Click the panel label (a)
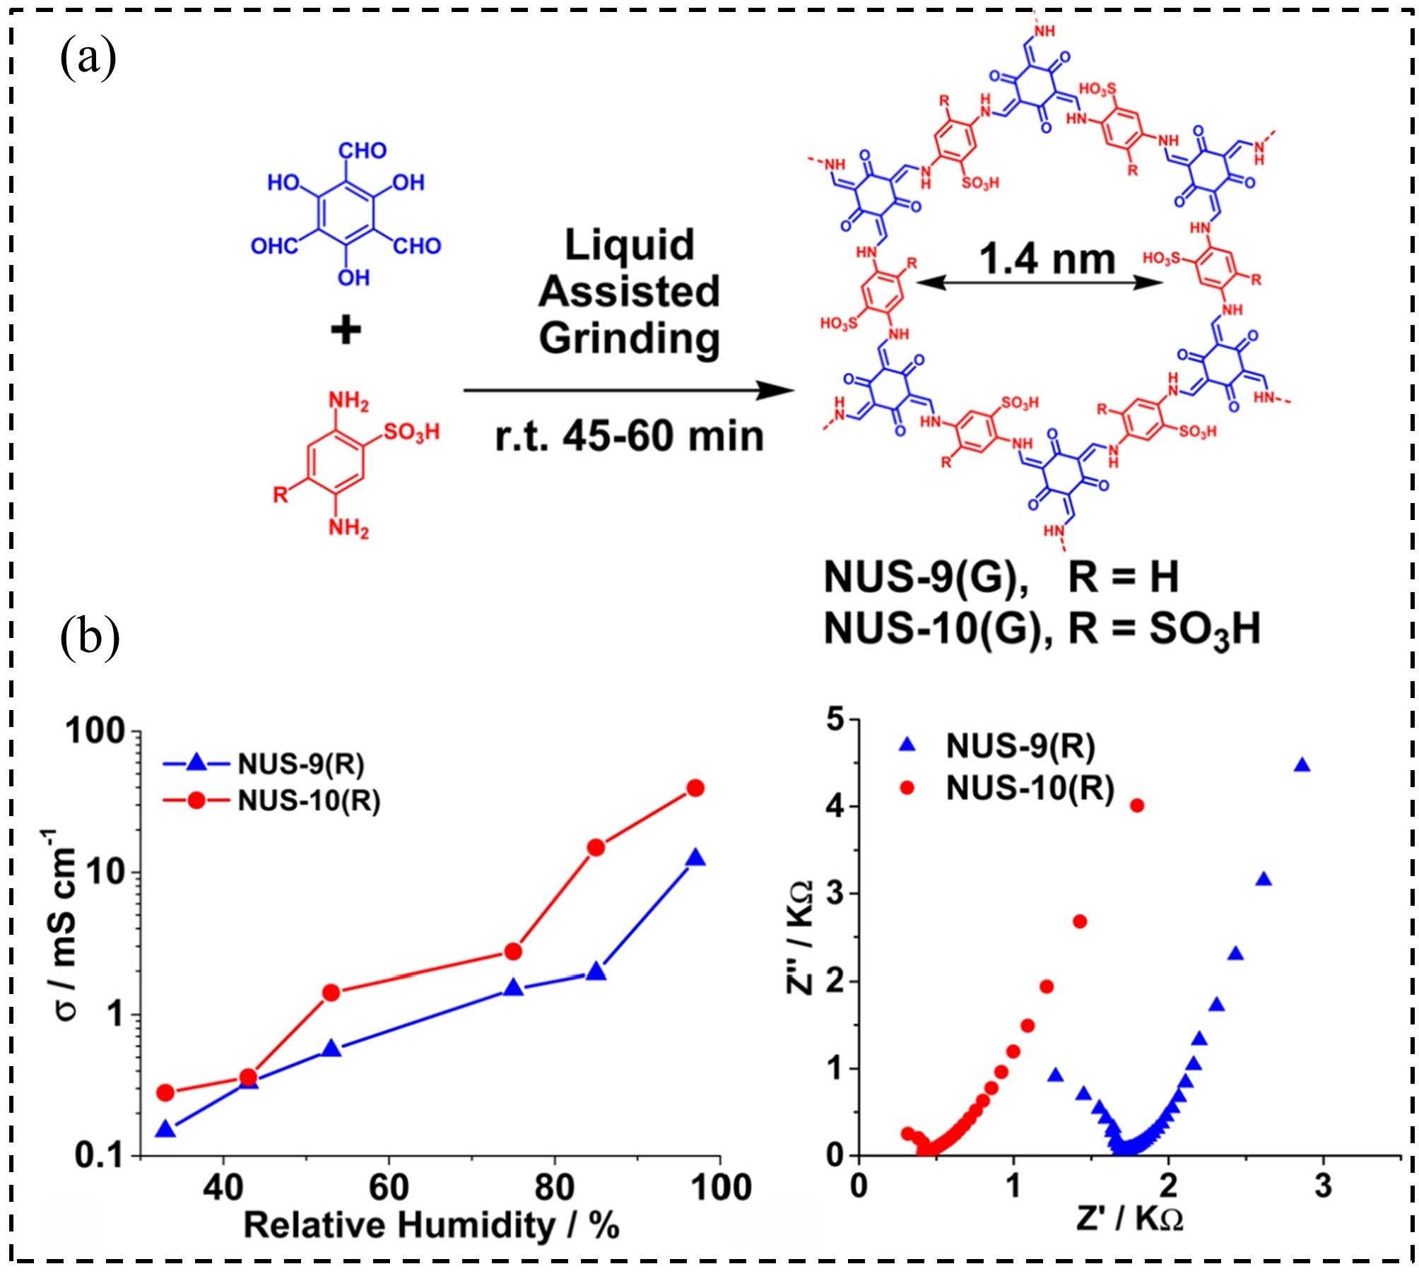[x=88, y=59]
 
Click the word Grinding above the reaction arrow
[x=629, y=338]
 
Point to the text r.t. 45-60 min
[x=629, y=436]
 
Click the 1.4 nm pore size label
[x=1047, y=259]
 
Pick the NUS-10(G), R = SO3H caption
[x=1042, y=628]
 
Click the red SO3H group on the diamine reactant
[x=411, y=431]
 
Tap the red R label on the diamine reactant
[x=281, y=495]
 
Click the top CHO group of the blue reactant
[x=363, y=150]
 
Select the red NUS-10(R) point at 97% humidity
[x=695, y=788]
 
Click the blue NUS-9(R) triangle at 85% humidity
[x=596, y=972]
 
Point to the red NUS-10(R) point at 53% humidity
[x=331, y=993]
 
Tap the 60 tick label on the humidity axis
[x=389, y=1187]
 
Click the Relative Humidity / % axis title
[x=431, y=1226]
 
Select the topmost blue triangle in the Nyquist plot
[x=1302, y=766]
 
